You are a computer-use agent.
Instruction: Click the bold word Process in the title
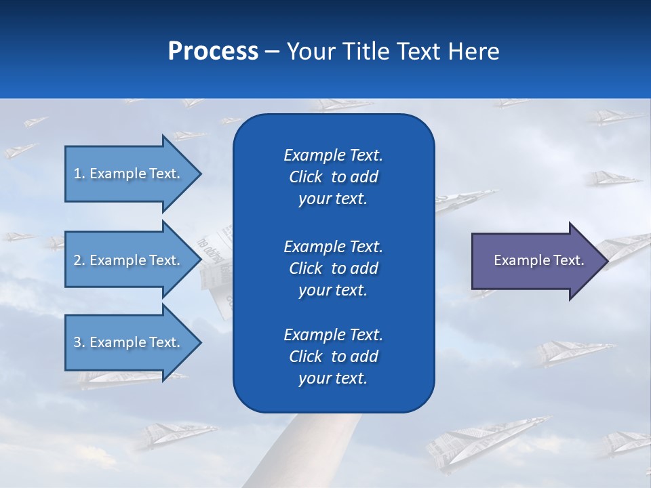pyautogui.click(x=213, y=52)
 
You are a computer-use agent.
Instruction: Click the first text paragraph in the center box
pyautogui.click(x=333, y=177)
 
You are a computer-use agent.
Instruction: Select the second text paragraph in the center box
pyautogui.click(x=333, y=268)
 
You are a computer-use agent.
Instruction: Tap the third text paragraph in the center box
pyautogui.click(x=333, y=357)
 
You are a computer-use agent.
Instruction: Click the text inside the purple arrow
pyautogui.click(x=538, y=260)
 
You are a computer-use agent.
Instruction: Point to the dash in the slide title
pyautogui.click(x=272, y=52)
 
